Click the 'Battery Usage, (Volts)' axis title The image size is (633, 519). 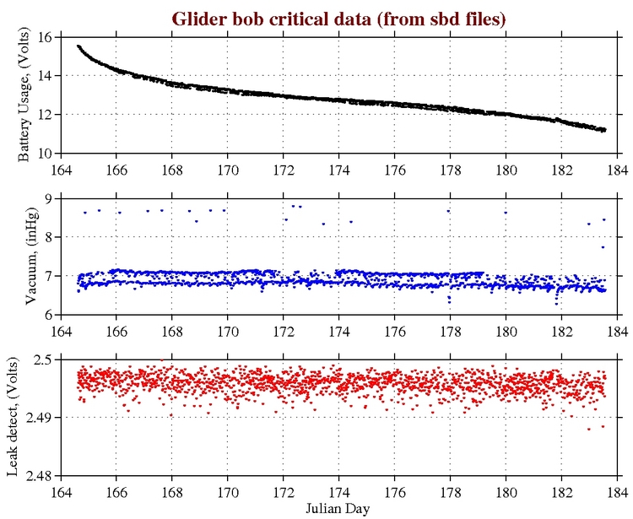pyautogui.click(x=25, y=95)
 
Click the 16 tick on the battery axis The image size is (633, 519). pyautogui.click(x=46, y=37)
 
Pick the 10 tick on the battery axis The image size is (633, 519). pyautogui.click(x=46, y=153)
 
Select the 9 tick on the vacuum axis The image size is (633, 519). pyautogui.click(x=50, y=198)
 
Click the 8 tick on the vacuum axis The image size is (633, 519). pyautogui.click(x=50, y=237)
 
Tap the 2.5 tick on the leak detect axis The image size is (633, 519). pyautogui.click(x=43, y=360)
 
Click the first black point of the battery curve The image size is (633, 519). pyautogui.click(x=78, y=46)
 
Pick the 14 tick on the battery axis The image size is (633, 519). pyautogui.click(x=46, y=76)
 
